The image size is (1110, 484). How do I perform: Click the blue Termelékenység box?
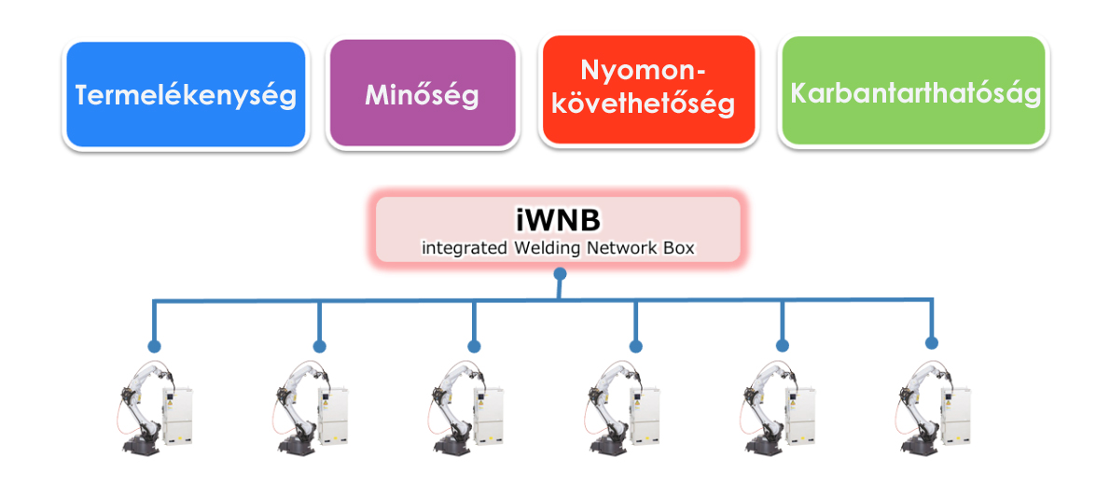pos(185,95)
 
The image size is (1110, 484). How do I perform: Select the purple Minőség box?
pos(422,94)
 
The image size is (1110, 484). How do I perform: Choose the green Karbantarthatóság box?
pos(914,93)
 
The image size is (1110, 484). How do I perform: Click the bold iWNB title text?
pos(557,220)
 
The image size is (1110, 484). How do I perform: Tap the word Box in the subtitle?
pos(680,248)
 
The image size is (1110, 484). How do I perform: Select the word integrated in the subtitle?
pos(463,248)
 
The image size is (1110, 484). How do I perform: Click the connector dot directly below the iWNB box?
pos(559,274)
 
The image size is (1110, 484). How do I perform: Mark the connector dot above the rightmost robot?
pos(931,342)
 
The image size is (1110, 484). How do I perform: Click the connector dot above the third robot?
pos(474,346)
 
